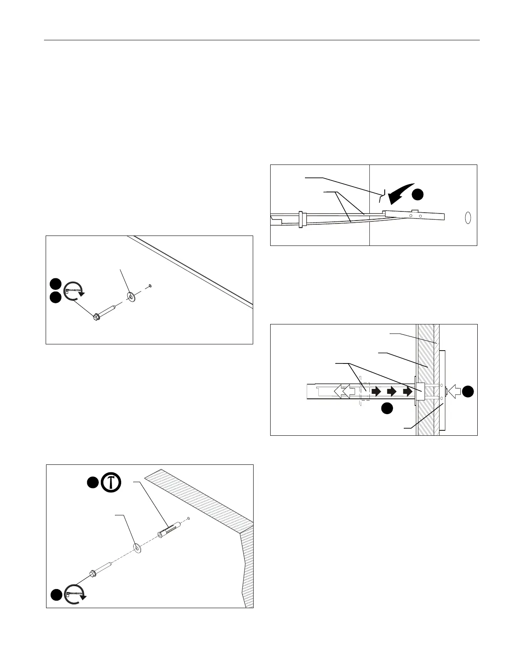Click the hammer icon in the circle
tap(111, 482)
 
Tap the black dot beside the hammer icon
tap(92, 482)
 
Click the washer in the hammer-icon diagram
tap(137, 548)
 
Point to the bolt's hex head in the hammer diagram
tap(93, 575)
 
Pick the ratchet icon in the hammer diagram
tap(76, 594)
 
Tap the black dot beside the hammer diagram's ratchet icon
tap(56, 594)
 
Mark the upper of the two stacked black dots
tap(55, 284)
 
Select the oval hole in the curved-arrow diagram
tap(468, 218)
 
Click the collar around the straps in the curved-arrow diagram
tap(300, 219)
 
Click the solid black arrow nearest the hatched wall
tap(408, 391)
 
